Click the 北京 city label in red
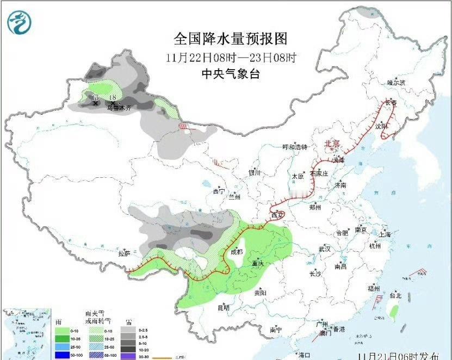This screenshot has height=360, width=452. point(332,144)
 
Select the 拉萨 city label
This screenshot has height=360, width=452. point(125,253)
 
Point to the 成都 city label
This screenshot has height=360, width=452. point(236,252)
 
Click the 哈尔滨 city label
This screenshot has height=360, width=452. point(397,83)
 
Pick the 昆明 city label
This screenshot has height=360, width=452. point(224,308)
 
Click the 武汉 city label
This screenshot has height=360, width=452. point(325,249)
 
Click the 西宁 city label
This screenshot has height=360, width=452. point(219,191)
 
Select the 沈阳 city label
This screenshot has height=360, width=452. point(381,126)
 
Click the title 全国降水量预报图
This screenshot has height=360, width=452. point(230,39)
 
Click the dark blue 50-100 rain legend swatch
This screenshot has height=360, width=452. point(63,355)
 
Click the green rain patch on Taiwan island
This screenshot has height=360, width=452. point(394,311)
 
